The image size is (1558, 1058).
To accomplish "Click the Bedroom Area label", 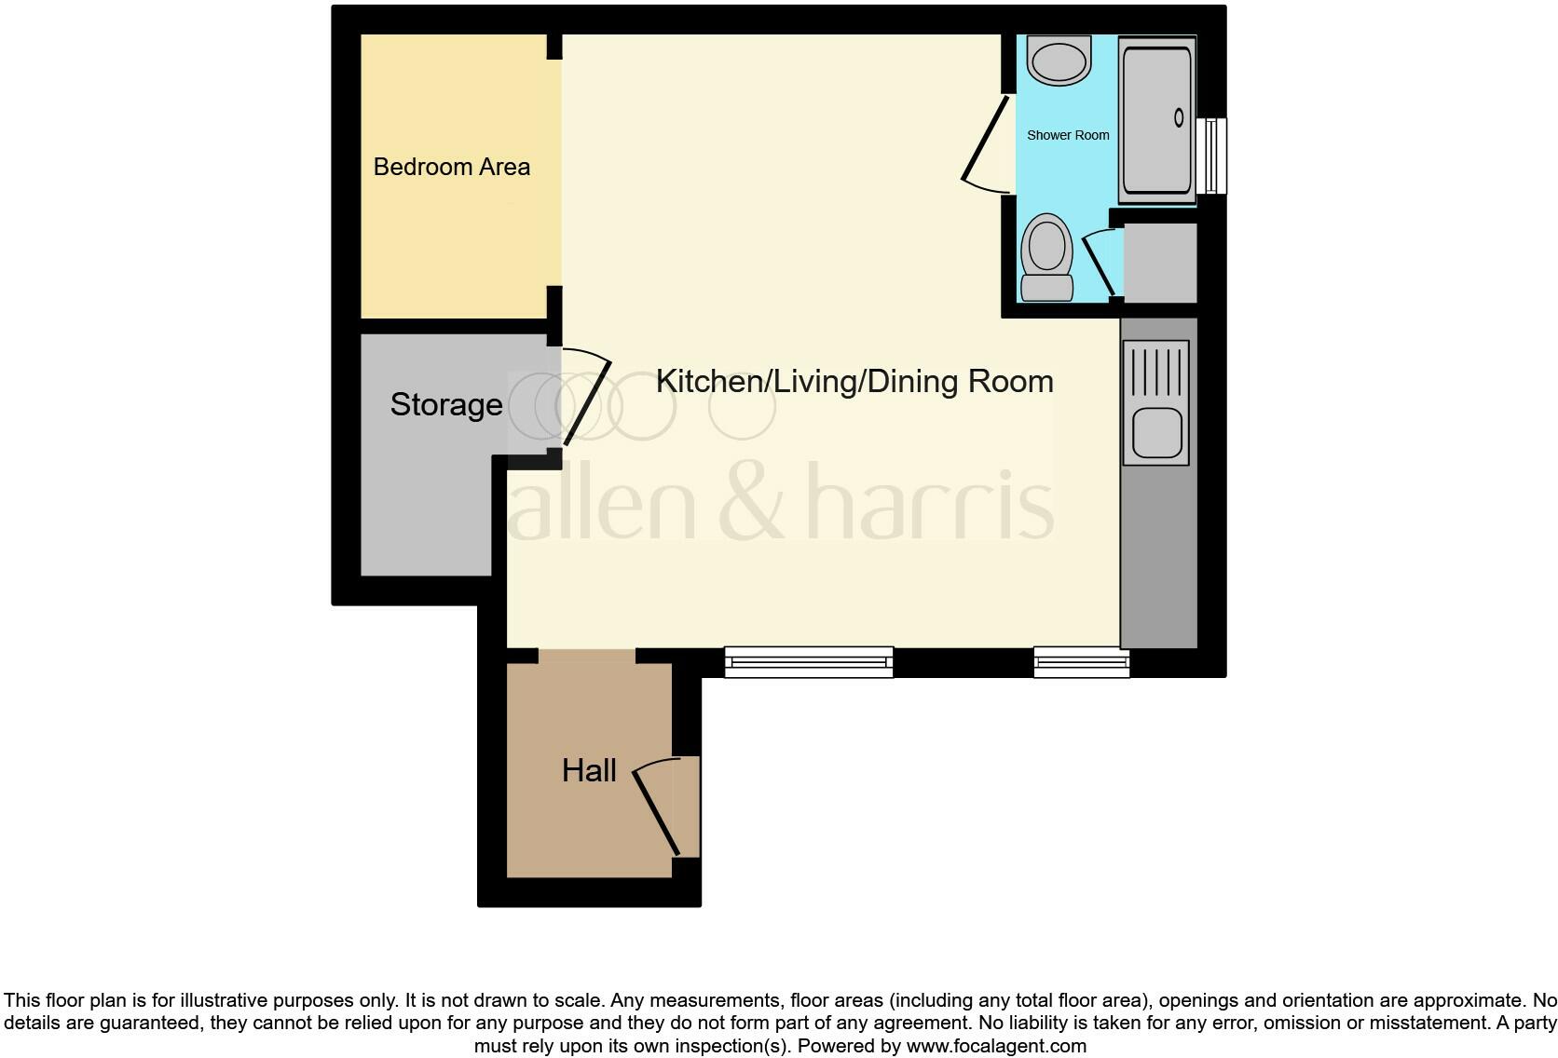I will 452,167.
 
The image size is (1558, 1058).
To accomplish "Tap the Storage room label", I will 446,404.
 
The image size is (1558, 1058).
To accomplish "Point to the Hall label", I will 589,770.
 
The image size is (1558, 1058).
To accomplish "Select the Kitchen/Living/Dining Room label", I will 854,381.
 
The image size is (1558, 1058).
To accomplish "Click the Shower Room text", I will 1068,135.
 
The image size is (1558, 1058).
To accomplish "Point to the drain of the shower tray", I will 1179,117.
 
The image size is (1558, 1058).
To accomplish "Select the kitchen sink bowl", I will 1157,432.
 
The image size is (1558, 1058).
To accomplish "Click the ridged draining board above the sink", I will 1156,371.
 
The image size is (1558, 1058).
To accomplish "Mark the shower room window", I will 1211,156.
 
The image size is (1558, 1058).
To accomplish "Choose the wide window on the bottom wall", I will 809,662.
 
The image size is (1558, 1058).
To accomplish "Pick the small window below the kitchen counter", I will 1081,663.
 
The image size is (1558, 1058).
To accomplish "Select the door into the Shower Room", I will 986,140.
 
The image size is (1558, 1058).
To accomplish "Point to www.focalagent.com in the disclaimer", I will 996,1046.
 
